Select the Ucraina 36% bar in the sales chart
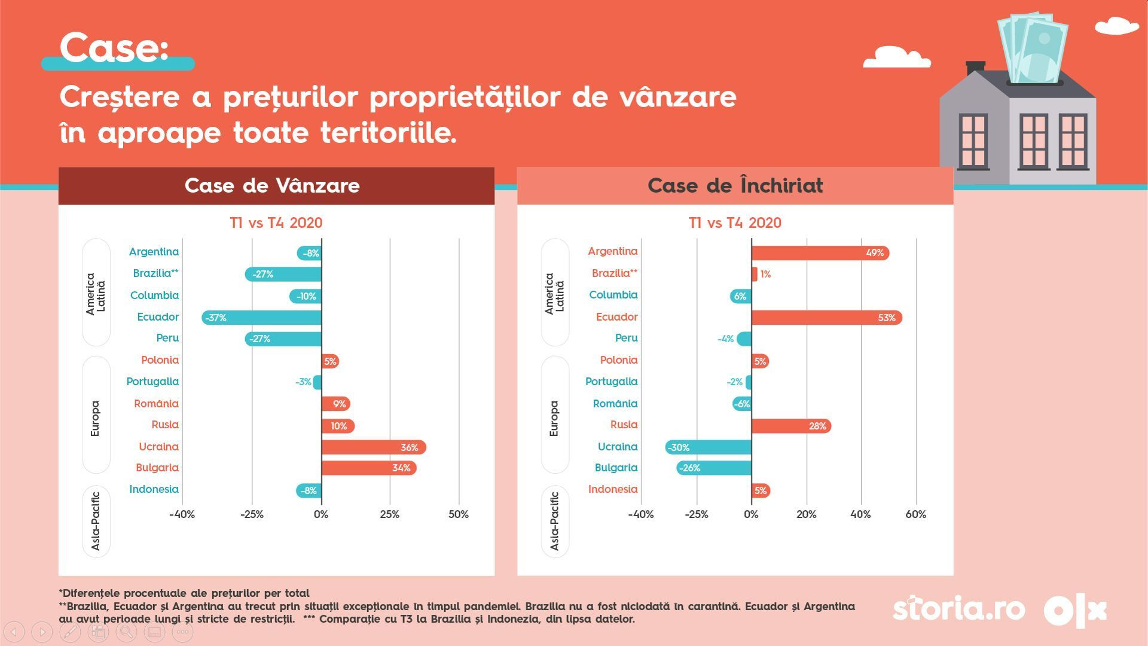pyautogui.click(x=373, y=447)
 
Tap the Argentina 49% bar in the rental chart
pyautogui.click(x=820, y=253)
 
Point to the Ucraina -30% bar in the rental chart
pyautogui.click(x=709, y=447)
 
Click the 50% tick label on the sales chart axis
pyautogui.click(x=459, y=514)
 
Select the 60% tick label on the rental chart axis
pyautogui.click(x=915, y=514)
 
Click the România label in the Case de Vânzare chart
pyautogui.click(x=156, y=404)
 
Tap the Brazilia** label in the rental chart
pyautogui.click(x=614, y=273)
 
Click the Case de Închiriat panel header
pyautogui.click(x=735, y=186)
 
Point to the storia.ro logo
pyautogui.click(x=958, y=610)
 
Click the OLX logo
pyautogui.click(x=1075, y=611)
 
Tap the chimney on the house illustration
pyautogui.click(x=975, y=66)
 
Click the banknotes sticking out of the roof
pyautogui.click(x=1033, y=48)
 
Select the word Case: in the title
pyautogui.click(x=114, y=48)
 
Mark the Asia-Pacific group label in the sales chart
pyautogui.click(x=96, y=521)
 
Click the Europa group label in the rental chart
pyautogui.click(x=554, y=418)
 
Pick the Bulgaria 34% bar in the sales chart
pyautogui.click(x=368, y=468)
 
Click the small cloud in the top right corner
pyautogui.click(x=1116, y=26)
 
